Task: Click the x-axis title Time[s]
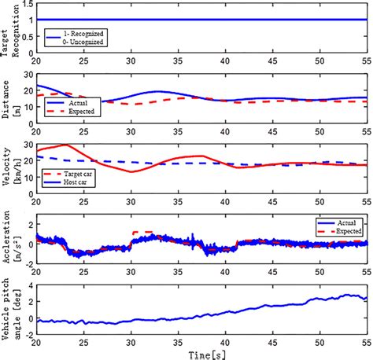[207, 355]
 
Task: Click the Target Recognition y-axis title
[10, 31]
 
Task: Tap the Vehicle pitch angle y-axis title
[10, 309]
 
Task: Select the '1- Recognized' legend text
[83, 34]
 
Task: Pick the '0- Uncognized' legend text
[83, 42]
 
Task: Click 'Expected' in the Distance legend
[81, 112]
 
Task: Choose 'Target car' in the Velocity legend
[78, 174]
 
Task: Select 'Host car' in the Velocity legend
[75, 182]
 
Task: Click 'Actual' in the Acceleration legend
[346, 223]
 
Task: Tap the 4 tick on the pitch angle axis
[31, 285]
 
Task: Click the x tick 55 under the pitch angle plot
[367, 343]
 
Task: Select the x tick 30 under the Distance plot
[131, 131]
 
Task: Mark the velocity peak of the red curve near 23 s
[66, 145]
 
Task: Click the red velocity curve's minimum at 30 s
[131, 172]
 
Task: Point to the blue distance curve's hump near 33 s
[158, 91]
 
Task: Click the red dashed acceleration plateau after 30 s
[142, 232]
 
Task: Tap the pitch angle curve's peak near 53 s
[347, 295]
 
